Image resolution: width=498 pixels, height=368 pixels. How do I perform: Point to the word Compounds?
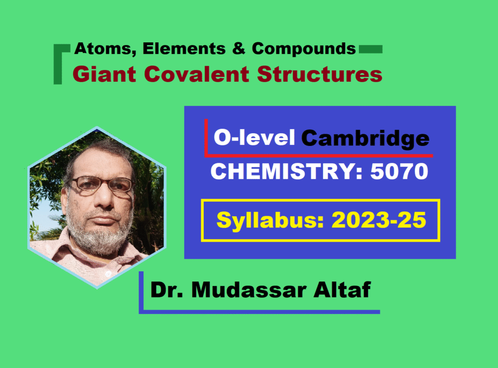coord(304,49)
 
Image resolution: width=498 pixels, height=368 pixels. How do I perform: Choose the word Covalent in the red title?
coord(196,74)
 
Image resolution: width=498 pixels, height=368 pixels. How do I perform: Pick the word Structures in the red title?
coord(320,74)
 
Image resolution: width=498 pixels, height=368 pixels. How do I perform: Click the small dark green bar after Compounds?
coord(371,49)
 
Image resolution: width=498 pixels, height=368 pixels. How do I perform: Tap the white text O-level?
coord(254,138)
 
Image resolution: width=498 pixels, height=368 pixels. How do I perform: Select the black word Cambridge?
coord(365,139)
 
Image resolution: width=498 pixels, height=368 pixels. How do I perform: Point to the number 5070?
coord(399,171)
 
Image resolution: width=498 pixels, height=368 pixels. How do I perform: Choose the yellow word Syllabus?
coord(270,220)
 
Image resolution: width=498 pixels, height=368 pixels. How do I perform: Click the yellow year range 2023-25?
coord(378,220)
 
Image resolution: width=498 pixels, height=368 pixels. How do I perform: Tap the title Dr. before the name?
coord(167,290)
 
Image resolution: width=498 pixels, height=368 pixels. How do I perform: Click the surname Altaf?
coord(342,290)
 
